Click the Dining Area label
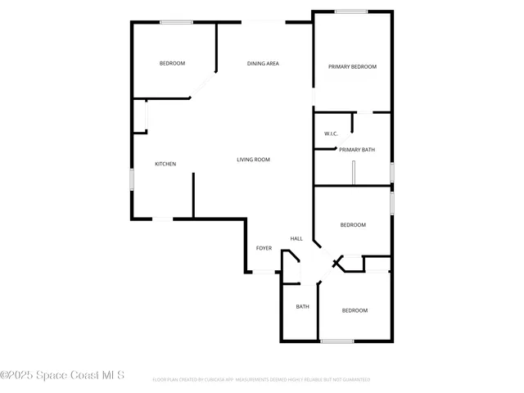click(x=264, y=63)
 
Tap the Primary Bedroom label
click(x=352, y=66)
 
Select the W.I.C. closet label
click(x=331, y=133)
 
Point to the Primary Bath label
click(x=357, y=150)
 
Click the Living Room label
click(x=254, y=160)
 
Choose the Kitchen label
click(x=165, y=164)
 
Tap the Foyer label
click(x=264, y=248)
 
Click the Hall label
click(x=296, y=239)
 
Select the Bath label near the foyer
click(x=302, y=307)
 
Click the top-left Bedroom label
click(x=172, y=63)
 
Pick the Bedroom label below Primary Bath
click(x=353, y=224)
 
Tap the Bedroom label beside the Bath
click(x=355, y=310)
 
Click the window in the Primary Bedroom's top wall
click(x=350, y=11)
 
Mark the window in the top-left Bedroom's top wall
click(x=176, y=22)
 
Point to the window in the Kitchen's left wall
click(x=132, y=179)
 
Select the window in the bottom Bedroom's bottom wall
click(x=337, y=341)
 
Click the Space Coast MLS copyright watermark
click(x=62, y=376)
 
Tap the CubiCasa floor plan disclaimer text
click(x=261, y=380)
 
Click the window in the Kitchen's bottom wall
click(x=164, y=219)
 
